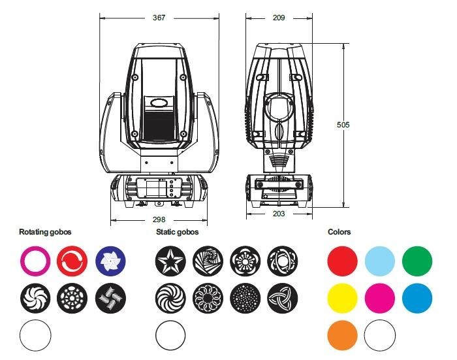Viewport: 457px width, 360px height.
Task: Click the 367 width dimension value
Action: [159, 18]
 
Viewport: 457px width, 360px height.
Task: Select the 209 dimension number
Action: [279, 18]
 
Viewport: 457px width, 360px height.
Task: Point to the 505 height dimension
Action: [343, 125]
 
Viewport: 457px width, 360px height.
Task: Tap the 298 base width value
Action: [159, 220]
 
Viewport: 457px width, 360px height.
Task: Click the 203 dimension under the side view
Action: [279, 214]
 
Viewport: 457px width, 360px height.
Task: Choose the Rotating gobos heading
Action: [45, 232]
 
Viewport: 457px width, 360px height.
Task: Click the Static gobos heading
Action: [177, 232]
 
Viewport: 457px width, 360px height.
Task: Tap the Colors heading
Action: [339, 232]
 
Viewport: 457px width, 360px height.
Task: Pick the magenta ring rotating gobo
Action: [22, 261]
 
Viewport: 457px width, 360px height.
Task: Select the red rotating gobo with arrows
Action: [72, 261]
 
